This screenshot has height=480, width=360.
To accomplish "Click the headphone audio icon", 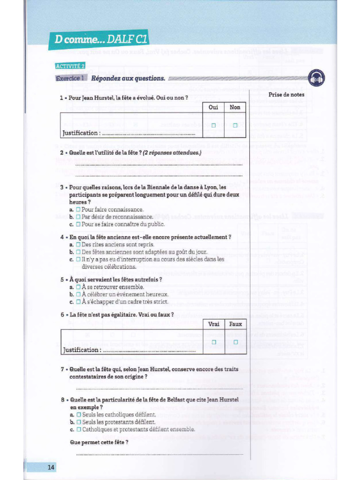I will [x=317, y=78].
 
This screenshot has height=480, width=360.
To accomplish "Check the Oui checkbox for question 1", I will [x=213, y=125].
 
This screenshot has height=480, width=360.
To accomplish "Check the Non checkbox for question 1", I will [x=235, y=125].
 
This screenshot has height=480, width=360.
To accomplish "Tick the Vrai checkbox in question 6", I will [x=213, y=342].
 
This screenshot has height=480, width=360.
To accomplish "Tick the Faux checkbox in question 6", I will [x=235, y=342].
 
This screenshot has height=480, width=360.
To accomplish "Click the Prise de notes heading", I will [x=286, y=95].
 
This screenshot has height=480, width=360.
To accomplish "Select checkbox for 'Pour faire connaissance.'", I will [x=79, y=210].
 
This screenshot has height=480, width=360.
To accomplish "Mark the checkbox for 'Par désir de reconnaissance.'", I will [x=79, y=217].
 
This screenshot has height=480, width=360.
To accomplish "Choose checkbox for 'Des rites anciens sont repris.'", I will [x=79, y=245].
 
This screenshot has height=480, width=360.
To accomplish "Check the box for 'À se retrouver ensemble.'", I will [x=79, y=287].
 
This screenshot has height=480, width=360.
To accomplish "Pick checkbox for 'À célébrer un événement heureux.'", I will [x=79, y=294].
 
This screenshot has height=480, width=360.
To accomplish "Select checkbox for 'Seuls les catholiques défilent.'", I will [x=79, y=415].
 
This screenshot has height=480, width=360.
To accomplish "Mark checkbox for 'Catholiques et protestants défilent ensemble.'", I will [x=79, y=429].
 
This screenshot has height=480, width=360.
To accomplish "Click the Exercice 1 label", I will [x=70, y=78].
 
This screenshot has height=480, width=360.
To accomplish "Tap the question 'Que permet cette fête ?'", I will [x=99, y=442].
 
